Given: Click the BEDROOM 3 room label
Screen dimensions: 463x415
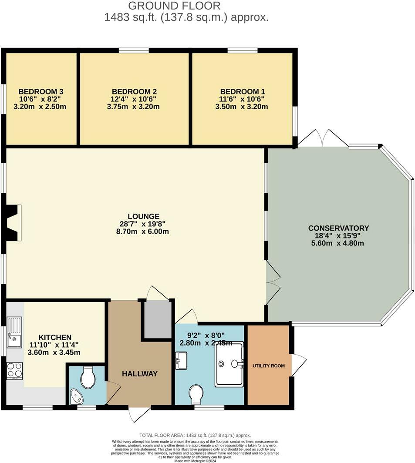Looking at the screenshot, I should (41, 91).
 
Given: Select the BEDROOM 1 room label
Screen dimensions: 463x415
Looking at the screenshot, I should (242, 91).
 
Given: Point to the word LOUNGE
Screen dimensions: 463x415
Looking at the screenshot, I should (143, 216).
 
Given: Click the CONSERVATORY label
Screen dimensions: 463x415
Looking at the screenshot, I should (338, 228).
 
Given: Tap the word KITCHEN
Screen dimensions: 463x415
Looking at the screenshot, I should (55, 337).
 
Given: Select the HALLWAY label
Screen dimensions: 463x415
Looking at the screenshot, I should (139, 374).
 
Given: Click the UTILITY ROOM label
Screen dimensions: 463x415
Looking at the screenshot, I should (269, 366).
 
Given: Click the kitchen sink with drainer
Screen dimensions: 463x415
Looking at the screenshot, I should (14, 332).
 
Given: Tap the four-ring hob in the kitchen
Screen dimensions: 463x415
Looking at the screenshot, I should (14, 371).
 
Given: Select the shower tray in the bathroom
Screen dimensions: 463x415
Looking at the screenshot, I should (229, 364).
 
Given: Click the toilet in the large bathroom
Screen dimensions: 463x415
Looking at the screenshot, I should (196, 394).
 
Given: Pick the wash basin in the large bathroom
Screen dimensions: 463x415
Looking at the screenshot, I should (181, 361).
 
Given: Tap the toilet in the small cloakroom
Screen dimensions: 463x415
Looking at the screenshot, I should (88, 377).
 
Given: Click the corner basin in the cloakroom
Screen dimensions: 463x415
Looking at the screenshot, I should (77, 396).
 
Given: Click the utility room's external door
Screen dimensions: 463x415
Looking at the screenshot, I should (298, 365).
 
